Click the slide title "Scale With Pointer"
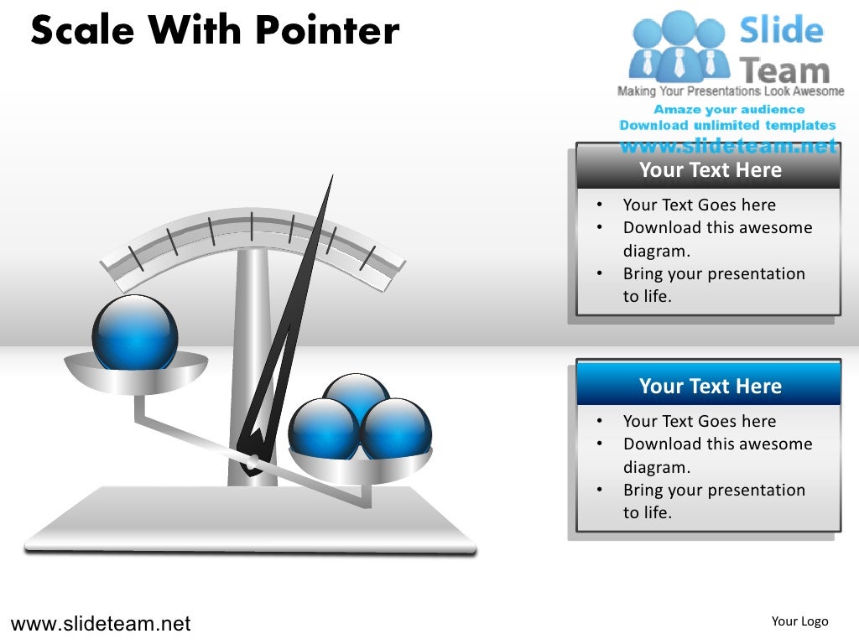coord(215,31)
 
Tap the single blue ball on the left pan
coord(134,332)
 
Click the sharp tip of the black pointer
coord(332,176)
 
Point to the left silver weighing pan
coord(136,373)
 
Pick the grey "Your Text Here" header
coord(710,170)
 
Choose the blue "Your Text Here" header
coord(710,386)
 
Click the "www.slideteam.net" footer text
coord(101,624)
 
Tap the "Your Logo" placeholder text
coord(799,621)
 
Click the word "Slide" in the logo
coord(781,32)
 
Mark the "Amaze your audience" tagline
coord(729,110)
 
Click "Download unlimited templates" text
coord(727,126)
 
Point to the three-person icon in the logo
coord(679,46)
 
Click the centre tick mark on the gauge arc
coord(251,226)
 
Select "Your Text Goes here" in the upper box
coord(699,205)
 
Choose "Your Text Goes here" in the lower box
coord(699,421)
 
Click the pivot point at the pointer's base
coord(252,460)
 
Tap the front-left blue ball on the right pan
coord(323,429)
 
